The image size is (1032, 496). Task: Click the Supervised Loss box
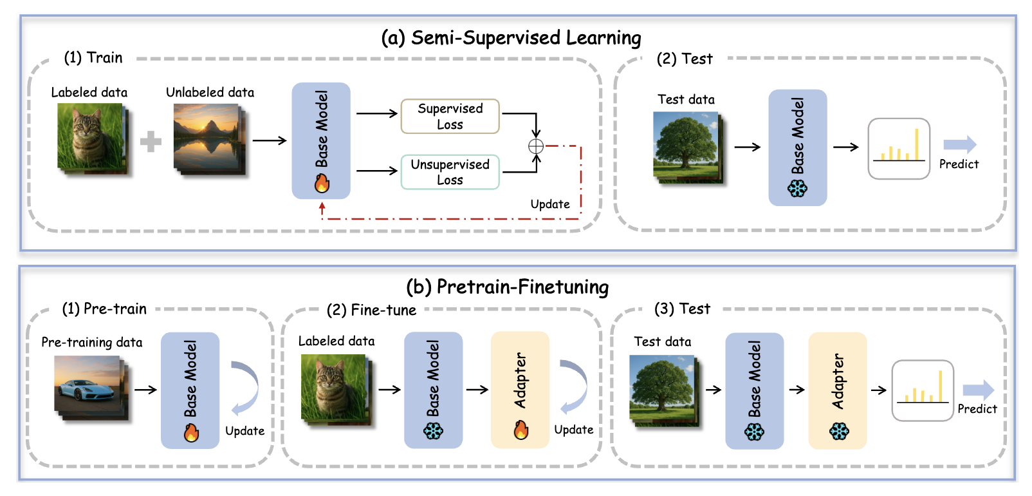450,116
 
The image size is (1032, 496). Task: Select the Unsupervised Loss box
450,172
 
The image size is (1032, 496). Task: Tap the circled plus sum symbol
536,146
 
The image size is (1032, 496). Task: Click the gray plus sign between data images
151,142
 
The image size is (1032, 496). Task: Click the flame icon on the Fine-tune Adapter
521,430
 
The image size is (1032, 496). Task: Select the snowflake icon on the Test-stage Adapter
838,431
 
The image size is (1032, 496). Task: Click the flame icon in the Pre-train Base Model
191,432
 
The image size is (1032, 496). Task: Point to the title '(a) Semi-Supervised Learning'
511,38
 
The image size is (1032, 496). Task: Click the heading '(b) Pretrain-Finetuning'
507,287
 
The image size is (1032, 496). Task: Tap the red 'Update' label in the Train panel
550,204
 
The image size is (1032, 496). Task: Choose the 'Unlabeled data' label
210,93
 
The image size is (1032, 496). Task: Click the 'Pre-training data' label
92,343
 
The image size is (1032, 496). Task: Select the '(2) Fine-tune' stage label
371,310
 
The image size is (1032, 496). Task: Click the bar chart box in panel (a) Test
899,149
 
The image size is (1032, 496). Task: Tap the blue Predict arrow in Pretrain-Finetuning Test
978,390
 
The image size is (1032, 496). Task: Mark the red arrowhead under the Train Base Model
322,207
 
